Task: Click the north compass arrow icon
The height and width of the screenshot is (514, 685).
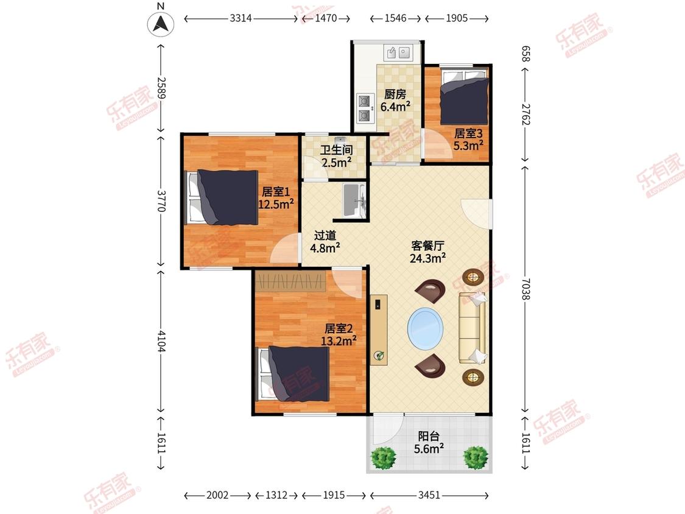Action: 161,24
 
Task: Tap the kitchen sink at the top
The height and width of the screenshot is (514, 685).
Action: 398,53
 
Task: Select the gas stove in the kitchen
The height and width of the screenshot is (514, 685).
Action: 364,108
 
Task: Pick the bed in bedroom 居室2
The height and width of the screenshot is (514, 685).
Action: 293,374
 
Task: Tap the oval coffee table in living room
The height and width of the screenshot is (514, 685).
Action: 426,329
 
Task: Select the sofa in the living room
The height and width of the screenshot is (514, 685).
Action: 472,328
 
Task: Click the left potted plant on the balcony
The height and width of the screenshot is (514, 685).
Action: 384,457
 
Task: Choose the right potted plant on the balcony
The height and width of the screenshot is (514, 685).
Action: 476,457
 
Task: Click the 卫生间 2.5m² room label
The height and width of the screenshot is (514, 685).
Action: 336,157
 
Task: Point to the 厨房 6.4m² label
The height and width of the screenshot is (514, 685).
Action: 395,100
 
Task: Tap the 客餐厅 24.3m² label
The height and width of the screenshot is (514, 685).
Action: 427,252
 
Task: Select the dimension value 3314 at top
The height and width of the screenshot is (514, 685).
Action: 241,18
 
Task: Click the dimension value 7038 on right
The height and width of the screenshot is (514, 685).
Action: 525,289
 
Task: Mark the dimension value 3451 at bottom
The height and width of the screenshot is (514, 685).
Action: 429,495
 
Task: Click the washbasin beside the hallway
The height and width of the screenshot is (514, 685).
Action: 354,200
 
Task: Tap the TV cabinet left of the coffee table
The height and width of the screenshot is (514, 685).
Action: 379,329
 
